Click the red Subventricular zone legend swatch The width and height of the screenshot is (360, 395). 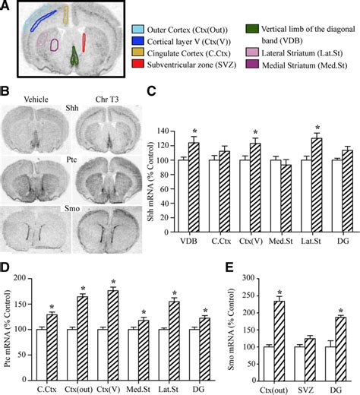tap(138, 64)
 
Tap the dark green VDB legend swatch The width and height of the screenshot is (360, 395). tap(252, 29)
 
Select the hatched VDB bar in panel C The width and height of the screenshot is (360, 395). tap(194, 188)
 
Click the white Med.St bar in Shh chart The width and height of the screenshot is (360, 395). tap(276, 196)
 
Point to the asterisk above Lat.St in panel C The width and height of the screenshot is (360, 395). tap(317, 128)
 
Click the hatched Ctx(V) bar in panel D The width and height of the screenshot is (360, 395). tap(113, 335)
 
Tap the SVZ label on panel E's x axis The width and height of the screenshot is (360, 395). tap(305, 390)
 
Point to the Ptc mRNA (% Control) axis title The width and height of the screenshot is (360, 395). tap(8, 329)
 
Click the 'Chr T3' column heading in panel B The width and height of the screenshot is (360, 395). tap(107, 100)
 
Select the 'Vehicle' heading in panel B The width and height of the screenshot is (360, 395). tap(36, 100)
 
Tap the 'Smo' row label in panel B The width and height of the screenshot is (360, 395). tap(72, 209)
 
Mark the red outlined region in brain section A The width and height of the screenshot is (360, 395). tap(84, 43)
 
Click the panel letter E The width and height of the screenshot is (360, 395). tap(229, 267)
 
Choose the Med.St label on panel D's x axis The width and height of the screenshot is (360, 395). tap(138, 389)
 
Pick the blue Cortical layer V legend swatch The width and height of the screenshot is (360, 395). tap(138, 41)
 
